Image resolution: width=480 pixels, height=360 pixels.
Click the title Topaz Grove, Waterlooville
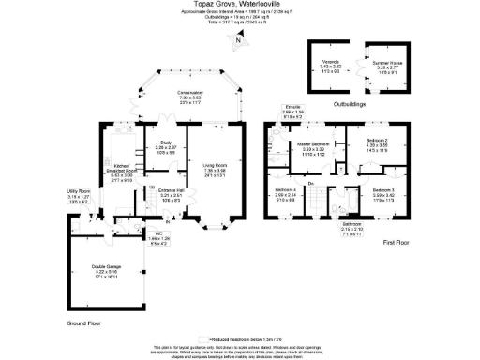pyautogui.click(x=239, y=4)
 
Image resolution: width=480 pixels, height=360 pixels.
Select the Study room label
pyautogui.click(x=165, y=145)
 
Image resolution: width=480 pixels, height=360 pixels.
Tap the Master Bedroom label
pyautogui.click(x=310, y=144)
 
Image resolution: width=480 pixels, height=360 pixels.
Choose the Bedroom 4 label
pyautogui.click(x=287, y=194)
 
